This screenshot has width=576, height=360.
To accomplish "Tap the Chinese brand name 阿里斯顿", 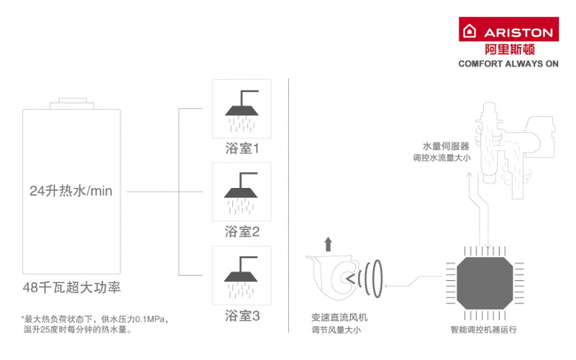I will coord(506,50).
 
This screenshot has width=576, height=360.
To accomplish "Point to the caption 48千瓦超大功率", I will coord(71,287).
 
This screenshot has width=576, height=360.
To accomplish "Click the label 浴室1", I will coord(241,148).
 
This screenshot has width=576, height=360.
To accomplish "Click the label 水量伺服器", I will coord(447,145).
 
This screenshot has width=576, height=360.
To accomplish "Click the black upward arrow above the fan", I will coord(330,243).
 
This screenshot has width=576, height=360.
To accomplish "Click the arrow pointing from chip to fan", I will coord(411,284).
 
